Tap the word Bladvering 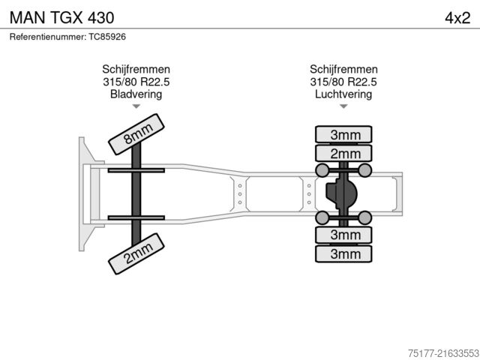pos(136,94)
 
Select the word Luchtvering pos(343,94)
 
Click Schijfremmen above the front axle pos(136,69)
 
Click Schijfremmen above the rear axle pos(343,69)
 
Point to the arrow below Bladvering pos(136,106)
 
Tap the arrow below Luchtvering pos(343,106)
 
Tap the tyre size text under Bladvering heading pos(136,82)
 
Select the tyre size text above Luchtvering pos(343,82)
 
